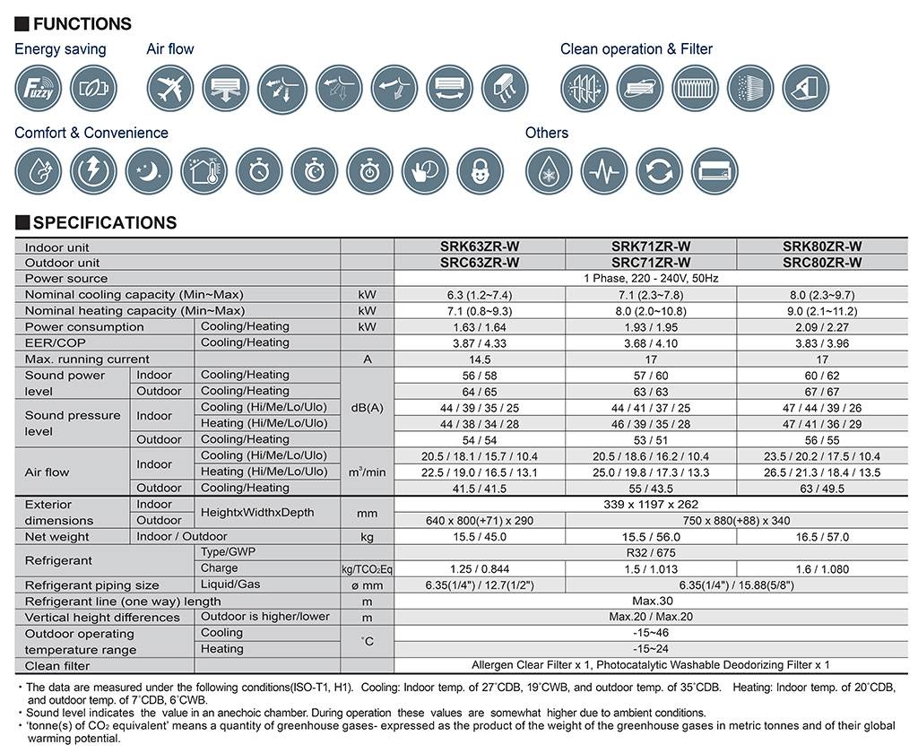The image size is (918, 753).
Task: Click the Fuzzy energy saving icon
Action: point(38,88)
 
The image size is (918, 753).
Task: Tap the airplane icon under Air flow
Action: point(169,88)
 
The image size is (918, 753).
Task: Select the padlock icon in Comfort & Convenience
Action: point(481,171)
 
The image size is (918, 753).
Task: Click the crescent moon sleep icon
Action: point(149,171)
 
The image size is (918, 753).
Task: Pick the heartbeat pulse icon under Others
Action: point(604,171)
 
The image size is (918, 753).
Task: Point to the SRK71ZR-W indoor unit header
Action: point(651,247)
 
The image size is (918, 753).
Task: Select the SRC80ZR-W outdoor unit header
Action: point(822,263)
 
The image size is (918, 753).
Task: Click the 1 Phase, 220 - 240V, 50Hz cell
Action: point(651,279)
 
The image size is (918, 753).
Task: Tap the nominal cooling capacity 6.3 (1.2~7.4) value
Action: point(480,295)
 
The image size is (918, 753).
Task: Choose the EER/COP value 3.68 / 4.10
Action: point(651,343)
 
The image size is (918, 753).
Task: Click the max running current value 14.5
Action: point(480,359)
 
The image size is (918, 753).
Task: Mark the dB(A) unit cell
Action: point(368,407)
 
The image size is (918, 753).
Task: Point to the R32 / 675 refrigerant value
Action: point(651,552)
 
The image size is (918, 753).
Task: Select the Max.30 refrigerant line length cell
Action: point(651,601)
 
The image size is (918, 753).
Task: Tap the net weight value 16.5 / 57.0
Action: point(822,536)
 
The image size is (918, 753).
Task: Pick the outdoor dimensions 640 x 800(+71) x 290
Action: point(480,520)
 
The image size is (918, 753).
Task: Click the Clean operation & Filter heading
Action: point(636,49)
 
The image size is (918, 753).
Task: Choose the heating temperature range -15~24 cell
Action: point(651,649)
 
